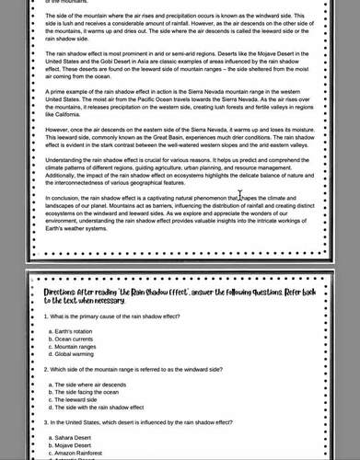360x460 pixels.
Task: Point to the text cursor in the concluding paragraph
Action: [239, 196]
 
